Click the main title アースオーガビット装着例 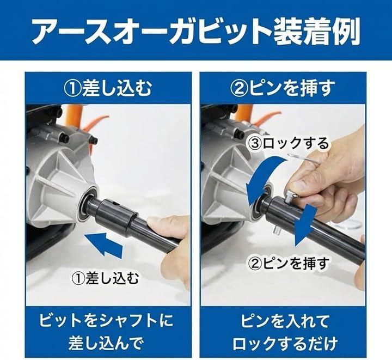coord(196,31)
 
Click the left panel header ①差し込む coord(108,88)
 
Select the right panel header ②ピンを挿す coord(283,88)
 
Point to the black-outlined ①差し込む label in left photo coord(105,278)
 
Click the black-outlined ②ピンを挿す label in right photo coord(289,263)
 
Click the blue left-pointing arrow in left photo coord(104,243)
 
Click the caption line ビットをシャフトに coord(106,321)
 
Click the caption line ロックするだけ coord(285,343)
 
